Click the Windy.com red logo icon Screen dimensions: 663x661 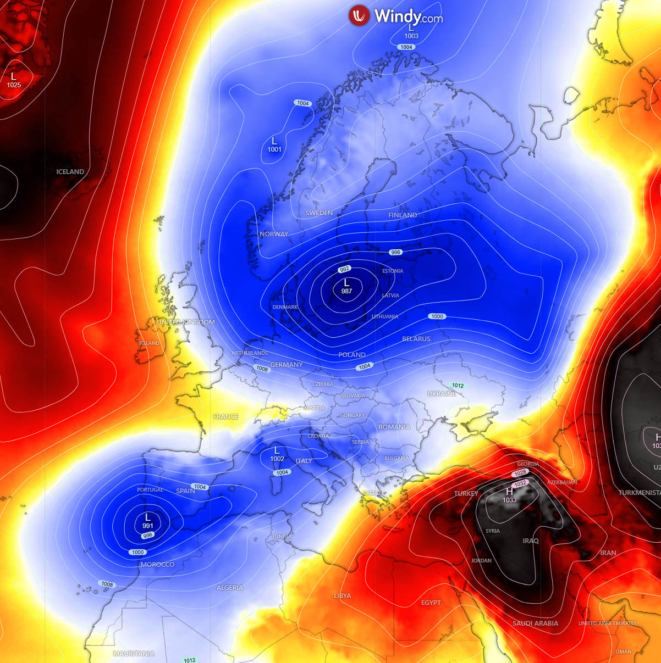pos(359,15)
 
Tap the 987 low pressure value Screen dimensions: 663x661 pos(346,291)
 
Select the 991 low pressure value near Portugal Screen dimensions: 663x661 pos(147,526)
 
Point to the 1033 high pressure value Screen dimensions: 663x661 pos(509,500)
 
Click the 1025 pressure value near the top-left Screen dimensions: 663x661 pos(14,85)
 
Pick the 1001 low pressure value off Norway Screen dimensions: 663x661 pos(274,149)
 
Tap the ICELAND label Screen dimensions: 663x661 pos(70,172)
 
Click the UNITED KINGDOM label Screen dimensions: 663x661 pos(186,322)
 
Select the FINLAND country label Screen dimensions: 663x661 pos(403,215)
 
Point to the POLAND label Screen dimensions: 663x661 pos(352,355)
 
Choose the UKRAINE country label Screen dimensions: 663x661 pos(442,394)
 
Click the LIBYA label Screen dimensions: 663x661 pos(342,596)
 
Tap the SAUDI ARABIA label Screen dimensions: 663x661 pos(535,623)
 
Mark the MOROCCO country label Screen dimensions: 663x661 pos(157,565)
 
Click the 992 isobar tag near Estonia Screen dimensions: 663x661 pos(345,269)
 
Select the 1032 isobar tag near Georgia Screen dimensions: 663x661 pos(520,483)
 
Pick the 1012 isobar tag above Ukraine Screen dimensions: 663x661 pos(458,386)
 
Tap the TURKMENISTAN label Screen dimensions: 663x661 pos(639,493)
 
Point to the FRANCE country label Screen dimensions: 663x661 pos(225,417)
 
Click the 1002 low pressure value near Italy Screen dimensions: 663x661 pos(277,459)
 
